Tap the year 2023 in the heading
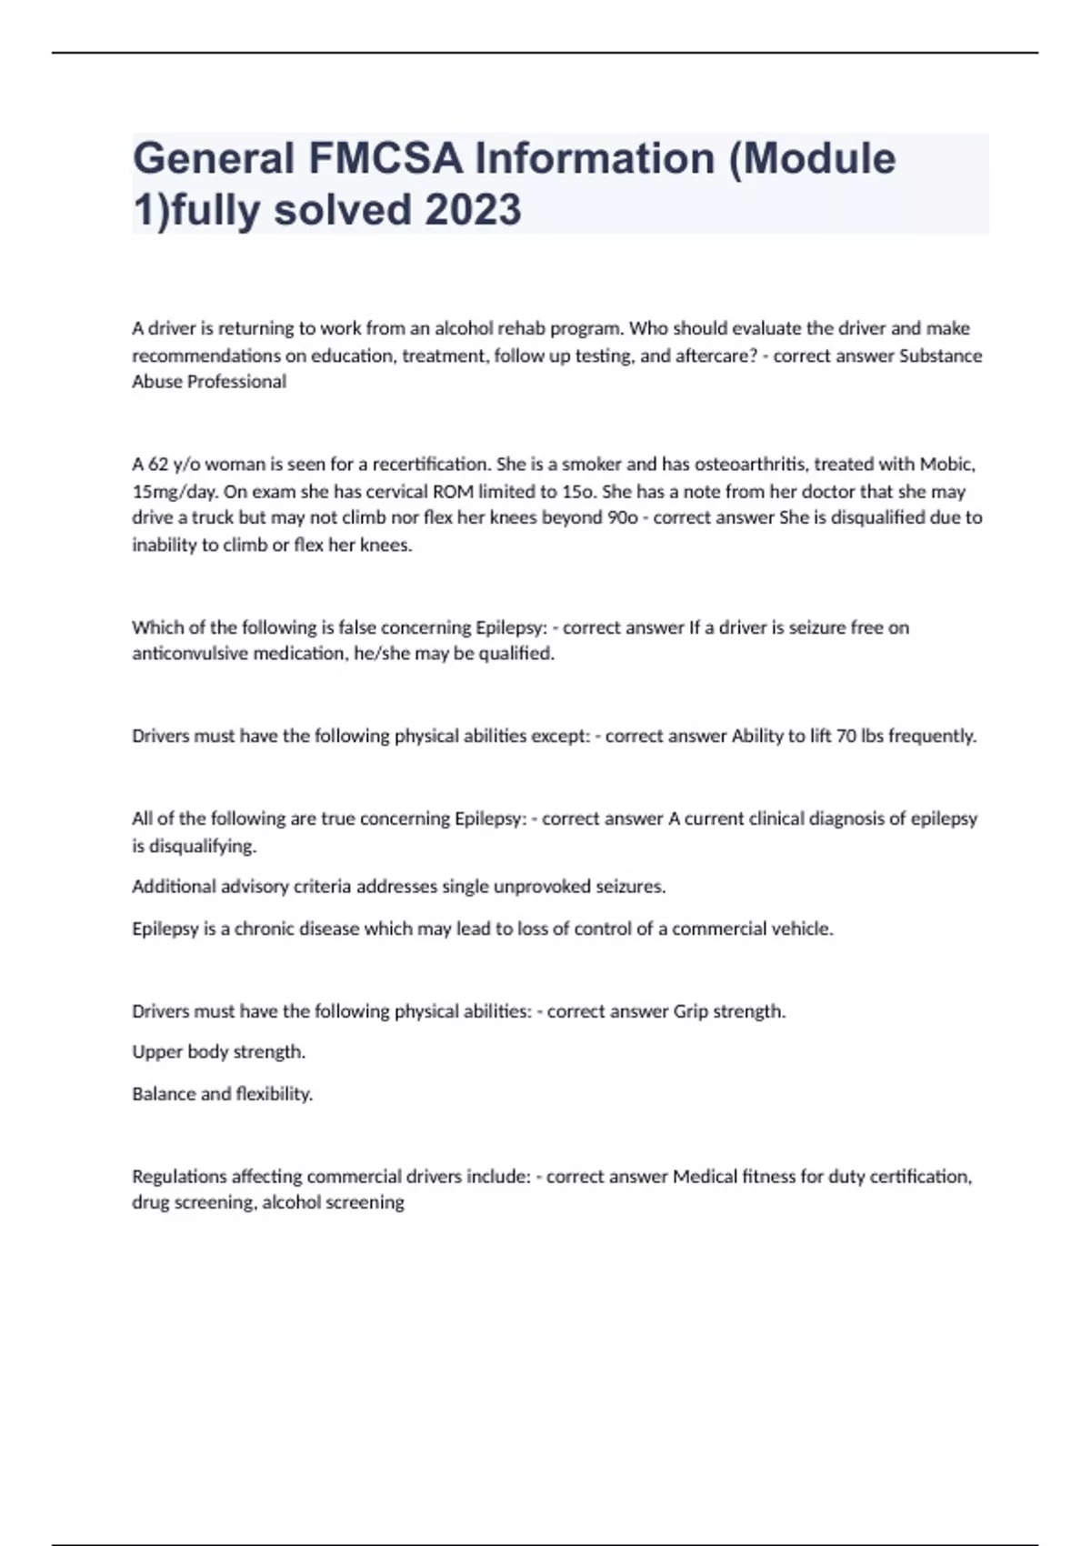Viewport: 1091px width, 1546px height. coord(472,210)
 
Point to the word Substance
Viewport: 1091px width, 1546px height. coord(940,356)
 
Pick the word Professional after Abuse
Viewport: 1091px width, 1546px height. coord(236,382)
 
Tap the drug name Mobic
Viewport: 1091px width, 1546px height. coord(946,465)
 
